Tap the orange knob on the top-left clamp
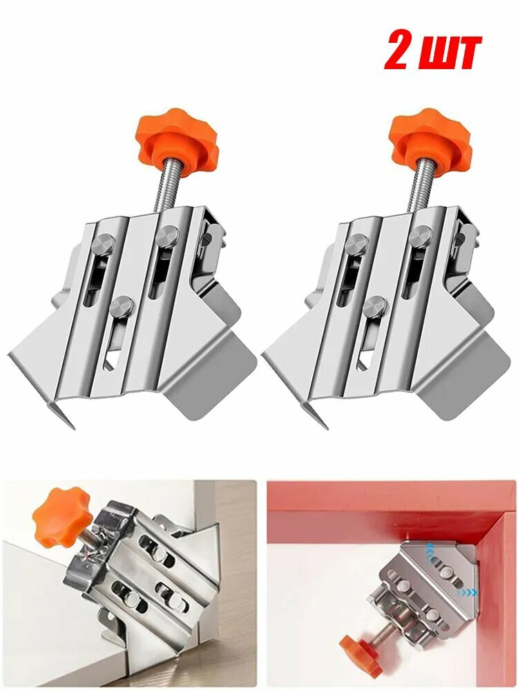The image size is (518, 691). pyautogui.click(x=177, y=135)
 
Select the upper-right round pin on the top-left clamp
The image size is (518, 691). pyautogui.click(x=166, y=236)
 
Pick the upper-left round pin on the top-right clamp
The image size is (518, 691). pyautogui.click(x=358, y=244)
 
